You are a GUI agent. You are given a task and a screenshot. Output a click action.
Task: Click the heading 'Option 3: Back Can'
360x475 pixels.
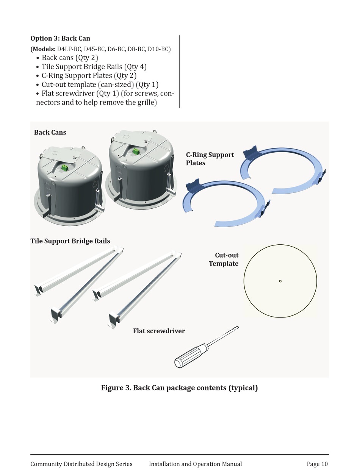tap(60, 38)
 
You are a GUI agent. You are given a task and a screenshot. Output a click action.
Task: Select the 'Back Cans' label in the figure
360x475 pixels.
tap(50, 132)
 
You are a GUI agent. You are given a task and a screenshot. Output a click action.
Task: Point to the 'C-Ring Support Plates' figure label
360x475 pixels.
tap(210, 159)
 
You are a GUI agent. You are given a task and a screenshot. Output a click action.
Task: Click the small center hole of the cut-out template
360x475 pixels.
tap(280, 281)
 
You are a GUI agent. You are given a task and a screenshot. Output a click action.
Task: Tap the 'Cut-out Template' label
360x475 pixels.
tap(224, 259)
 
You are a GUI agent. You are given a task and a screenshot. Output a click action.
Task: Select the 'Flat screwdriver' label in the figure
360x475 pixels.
tap(159, 331)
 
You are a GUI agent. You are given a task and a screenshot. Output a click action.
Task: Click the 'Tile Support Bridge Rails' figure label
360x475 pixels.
tap(70, 241)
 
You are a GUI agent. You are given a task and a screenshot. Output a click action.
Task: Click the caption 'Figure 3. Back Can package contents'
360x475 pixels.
tap(179, 388)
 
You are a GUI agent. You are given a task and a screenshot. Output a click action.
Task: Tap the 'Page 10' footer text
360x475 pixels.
tap(317, 464)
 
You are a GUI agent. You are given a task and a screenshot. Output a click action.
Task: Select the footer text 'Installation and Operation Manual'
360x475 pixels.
tap(195, 464)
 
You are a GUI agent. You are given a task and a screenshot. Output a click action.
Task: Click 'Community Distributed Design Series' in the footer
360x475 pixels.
tap(81, 464)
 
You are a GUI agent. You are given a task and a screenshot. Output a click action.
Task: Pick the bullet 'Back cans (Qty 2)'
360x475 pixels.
tap(70, 58)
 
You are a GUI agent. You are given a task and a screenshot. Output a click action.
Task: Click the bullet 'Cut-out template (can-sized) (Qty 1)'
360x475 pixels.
tap(100, 84)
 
